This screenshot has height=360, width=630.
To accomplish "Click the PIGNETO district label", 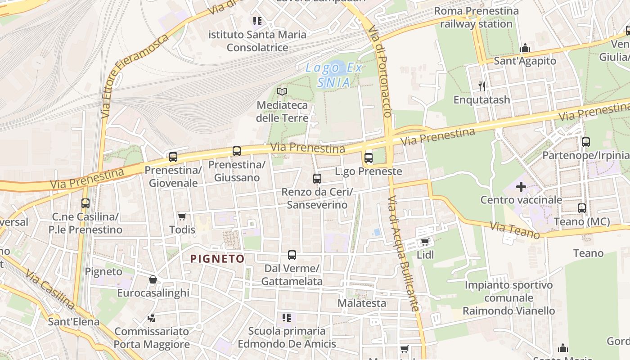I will coord(217,259).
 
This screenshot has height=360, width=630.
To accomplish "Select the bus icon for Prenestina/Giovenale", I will coord(173,157).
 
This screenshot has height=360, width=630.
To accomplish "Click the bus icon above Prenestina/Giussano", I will coord(237,151).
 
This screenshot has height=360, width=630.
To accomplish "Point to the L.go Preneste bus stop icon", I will coord(369,158).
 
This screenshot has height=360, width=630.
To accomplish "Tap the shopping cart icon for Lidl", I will coord(425,242).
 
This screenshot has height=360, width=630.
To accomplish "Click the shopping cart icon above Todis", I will coord(182,217).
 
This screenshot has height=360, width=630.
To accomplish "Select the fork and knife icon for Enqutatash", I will coord(482,86).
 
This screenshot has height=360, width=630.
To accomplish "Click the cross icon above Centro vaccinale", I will coord(521,186).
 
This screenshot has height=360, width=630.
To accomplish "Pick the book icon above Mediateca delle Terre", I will coord(282,92).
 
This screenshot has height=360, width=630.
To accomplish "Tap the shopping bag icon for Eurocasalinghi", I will coord(153,279).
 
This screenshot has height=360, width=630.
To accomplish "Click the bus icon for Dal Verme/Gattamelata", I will coord(292,255).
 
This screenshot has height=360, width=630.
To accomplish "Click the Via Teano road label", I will coord(515,230).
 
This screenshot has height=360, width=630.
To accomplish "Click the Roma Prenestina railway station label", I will coord(476,17).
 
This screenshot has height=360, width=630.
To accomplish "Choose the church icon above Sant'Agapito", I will coord(525,48).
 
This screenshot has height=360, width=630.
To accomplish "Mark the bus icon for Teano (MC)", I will coord(582,208).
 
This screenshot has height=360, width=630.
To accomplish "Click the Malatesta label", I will coord(362,303).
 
